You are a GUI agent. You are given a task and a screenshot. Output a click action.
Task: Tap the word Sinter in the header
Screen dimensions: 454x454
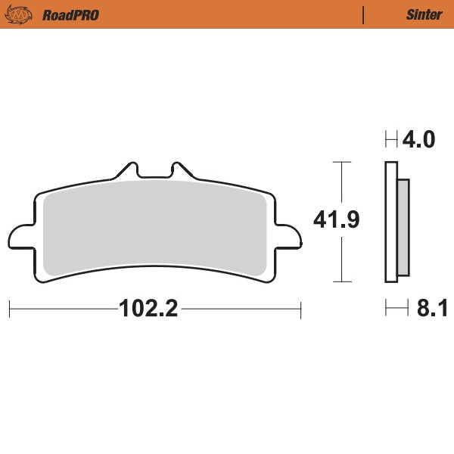point(424,14)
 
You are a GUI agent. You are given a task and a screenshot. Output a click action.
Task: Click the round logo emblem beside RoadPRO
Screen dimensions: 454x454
point(23,14)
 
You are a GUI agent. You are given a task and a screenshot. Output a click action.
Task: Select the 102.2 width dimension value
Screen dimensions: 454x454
point(148,309)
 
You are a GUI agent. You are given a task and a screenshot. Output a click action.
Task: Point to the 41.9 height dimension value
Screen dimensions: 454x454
point(336,220)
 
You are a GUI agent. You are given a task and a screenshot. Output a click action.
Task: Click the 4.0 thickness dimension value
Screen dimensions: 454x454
point(419,140)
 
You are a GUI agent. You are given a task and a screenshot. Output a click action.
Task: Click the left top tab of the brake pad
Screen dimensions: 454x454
point(126,169)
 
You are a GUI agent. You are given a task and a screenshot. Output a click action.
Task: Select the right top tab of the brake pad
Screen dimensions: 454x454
point(180,169)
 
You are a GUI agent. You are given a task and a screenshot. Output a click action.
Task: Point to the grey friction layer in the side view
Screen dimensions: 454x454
point(403,227)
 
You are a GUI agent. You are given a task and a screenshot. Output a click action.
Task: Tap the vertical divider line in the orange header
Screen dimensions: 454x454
point(364,14)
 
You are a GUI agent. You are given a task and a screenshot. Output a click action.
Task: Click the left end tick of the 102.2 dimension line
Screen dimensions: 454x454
point(9,309)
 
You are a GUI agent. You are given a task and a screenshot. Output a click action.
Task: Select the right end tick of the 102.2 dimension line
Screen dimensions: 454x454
point(301,309)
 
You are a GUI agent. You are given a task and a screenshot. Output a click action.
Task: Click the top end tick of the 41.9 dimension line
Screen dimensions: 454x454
point(343,162)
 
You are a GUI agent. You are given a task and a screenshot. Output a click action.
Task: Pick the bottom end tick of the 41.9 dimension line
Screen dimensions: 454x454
point(343,281)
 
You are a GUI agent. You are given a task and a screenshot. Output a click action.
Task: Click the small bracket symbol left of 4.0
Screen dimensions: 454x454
point(391,140)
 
